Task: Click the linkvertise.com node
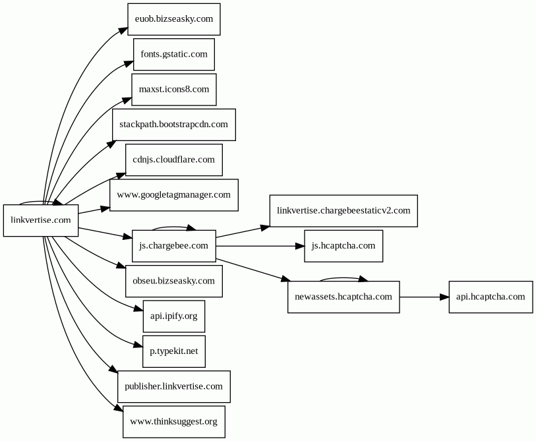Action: click(41, 220)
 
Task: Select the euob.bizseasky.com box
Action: click(174, 19)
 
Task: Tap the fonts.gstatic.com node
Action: click(174, 54)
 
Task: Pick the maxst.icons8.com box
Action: click(174, 90)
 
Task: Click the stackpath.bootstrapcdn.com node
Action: click(174, 125)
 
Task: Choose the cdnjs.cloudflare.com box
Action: click(174, 160)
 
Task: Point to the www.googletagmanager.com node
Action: click(174, 195)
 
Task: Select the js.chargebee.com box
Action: click(174, 246)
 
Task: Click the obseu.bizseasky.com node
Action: click(174, 281)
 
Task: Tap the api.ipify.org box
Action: click(174, 316)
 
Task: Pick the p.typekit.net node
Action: click(174, 351)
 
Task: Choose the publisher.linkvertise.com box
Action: click(174, 387)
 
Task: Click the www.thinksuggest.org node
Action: click(174, 422)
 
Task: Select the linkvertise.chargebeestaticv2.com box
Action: click(343, 210)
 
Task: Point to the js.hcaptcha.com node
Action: click(343, 246)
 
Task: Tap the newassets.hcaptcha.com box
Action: click(343, 297)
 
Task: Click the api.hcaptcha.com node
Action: click(491, 297)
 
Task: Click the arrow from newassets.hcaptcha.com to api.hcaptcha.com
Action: click(424, 297)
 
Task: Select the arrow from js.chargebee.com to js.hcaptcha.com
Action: click(260, 246)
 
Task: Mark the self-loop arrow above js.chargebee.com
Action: click(173, 226)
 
